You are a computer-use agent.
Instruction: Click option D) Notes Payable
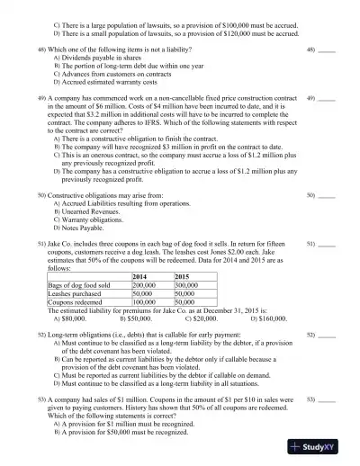tap(86, 228)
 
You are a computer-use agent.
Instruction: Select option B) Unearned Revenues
tap(96, 211)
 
